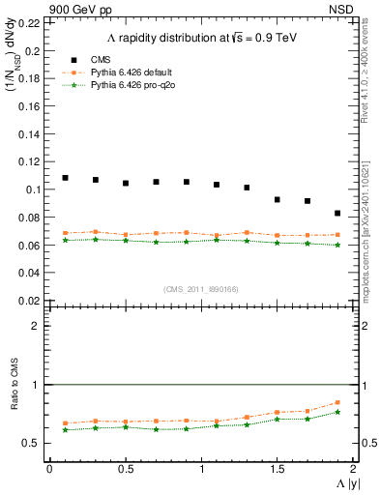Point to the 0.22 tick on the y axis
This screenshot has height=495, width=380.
tap(29, 22)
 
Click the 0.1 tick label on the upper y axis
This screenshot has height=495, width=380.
tap(33, 189)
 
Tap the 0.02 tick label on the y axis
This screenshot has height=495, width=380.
tap(29, 301)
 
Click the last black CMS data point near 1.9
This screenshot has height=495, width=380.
tap(337, 213)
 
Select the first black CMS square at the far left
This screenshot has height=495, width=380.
tap(65, 178)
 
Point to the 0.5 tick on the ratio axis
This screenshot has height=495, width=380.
tap(33, 444)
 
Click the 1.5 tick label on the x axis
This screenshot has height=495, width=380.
tap(278, 469)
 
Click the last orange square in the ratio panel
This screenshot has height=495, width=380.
tap(337, 402)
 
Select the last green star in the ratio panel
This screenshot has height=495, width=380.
tap(337, 412)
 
